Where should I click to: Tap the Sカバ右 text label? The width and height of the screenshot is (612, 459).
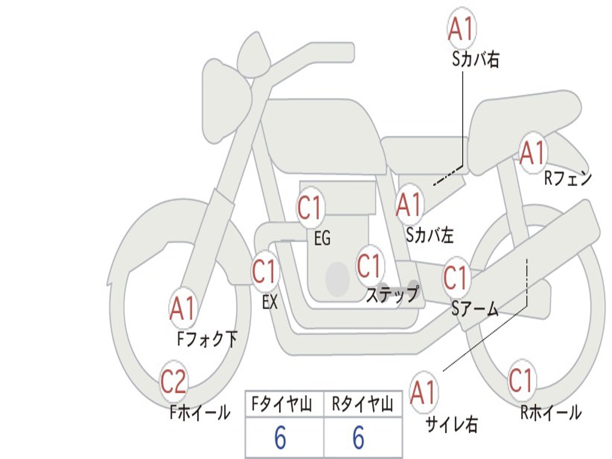[x=476, y=60]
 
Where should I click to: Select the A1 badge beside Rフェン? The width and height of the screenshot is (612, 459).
[x=533, y=153]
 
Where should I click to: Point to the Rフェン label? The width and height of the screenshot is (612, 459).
[x=568, y=178]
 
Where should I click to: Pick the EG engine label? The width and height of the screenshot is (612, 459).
[x=322, y=238]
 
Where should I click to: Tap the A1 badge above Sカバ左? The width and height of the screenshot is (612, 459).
[x=409, y=204]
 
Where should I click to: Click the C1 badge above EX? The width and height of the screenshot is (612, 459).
[x=265, y=271]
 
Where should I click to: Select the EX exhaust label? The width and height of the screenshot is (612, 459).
[x=270, y=301]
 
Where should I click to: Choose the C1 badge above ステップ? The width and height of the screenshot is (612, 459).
[x=369, y=265]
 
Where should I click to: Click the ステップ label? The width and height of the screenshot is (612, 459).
[x=392, y=295]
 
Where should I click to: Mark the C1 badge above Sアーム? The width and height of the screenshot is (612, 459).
[x=456, y=277]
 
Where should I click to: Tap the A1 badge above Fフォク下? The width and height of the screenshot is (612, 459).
[x=183, y=308]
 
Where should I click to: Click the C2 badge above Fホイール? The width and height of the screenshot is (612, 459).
[x=174, y=381]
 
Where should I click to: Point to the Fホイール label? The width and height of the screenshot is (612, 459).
[x=200, y=412]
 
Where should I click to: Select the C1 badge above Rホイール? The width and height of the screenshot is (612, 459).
[x=521, y=380]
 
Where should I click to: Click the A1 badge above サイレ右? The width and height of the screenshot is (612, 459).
[x=423, y=391]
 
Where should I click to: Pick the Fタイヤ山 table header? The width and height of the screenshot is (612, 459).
[x=282, y=404]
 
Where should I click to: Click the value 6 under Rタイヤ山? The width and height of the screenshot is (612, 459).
[x=359, y=437]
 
